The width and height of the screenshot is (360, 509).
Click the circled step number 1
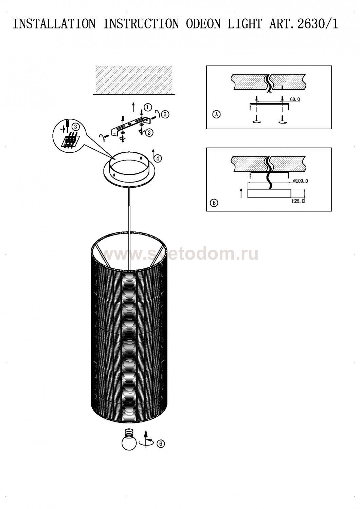click(x=148, y=107)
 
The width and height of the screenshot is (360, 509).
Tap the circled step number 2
click(x=149, y=132)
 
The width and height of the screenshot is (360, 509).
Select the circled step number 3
click(x=74, y=127)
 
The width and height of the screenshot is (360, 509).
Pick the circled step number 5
click(x=165, y=115)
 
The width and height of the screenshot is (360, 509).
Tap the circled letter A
click(x=217, y=114)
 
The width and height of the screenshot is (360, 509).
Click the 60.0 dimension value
click(x=295, y=99)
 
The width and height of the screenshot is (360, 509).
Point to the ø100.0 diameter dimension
click(x=301, y=181)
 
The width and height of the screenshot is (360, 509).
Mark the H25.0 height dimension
click(x=298, y=201)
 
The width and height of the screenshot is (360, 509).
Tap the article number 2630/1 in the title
click(x=318, y=24)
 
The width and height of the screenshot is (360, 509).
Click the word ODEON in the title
click(x=203, y=24)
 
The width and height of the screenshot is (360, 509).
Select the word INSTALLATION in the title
click(x=54, y=24)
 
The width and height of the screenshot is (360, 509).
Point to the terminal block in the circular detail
click(x=71, y=141)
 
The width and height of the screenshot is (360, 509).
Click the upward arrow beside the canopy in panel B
click(x=241, y=193)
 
